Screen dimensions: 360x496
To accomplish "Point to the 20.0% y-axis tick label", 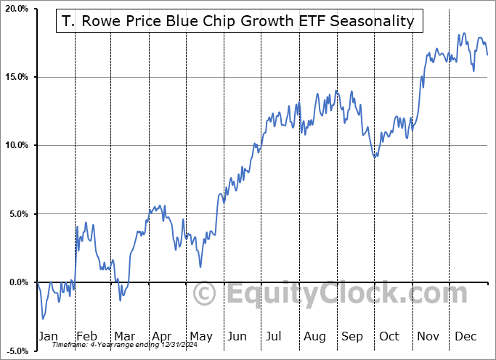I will coord(15,9).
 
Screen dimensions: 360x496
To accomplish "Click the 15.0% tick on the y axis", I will coord(15,78).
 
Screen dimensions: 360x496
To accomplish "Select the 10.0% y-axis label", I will coord(15,146).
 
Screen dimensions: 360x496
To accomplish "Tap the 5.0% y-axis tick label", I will coord(17,214).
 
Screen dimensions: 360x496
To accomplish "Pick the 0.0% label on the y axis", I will coord(17,282).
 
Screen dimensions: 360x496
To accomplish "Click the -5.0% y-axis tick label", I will coord(16,351).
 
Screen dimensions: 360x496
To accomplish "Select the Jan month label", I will coord(48,336).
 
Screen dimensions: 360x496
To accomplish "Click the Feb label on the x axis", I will coord(86,336).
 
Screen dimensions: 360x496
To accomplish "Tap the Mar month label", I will coord(124,336).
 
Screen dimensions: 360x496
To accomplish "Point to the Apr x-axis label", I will coord(162,336).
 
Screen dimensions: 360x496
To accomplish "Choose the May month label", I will coord(200,336).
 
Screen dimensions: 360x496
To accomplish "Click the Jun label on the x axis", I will coord(237,336).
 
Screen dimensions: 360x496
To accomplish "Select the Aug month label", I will coord(314,336).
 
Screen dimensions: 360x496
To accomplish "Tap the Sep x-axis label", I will coord(352,336).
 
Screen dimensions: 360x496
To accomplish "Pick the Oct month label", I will coord(390,336).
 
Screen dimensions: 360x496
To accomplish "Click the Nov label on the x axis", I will coord(428,336).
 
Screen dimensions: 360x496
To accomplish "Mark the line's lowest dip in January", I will coord(43,319).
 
